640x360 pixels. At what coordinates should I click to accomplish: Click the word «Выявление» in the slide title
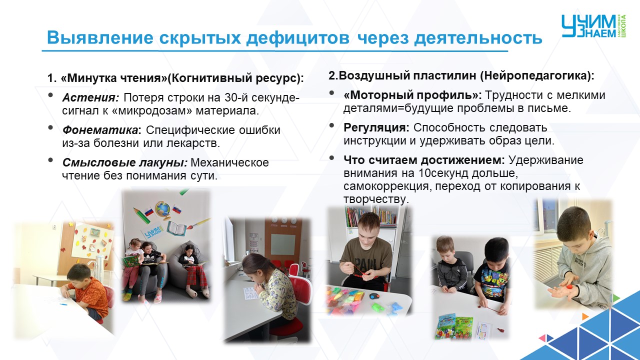[x=100, y=37]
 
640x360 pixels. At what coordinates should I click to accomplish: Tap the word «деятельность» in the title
[x=478, y=37]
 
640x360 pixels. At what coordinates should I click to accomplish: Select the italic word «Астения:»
[x=90, y=97]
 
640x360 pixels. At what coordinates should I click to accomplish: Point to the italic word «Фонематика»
[x=100, y=130]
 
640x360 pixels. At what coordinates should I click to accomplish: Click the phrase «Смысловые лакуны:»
[x=125, y=163]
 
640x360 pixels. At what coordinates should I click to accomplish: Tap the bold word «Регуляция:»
[x=376, y=127]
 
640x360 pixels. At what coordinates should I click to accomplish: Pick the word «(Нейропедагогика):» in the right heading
[x=537, y=75]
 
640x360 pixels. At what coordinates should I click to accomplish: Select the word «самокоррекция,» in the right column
[x=387, y=186]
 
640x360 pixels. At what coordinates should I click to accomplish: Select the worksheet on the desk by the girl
[x=251, y=293]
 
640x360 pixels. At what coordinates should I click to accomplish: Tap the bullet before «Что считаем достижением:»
[x=331, y=158]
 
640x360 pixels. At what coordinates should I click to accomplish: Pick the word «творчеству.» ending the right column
[x=376, y=199]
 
